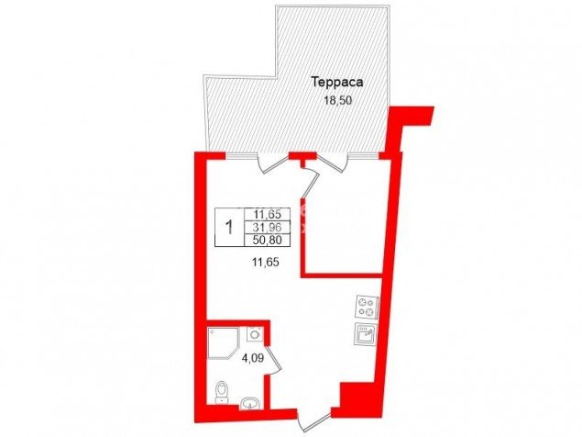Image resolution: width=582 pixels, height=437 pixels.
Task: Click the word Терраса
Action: [x=337, y=83]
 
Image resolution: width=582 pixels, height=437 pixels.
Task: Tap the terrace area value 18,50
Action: [x=337, y=100]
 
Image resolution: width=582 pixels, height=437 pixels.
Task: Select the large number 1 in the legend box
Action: [x=230, y=227]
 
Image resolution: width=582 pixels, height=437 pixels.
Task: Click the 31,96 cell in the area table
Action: [x=268, y=227]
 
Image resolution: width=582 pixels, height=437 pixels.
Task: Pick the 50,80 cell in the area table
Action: [x=268, y=240]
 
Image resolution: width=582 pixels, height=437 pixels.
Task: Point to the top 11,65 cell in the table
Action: [x=268, y=214]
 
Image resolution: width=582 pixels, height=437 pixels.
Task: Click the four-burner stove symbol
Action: [x=367, y=307]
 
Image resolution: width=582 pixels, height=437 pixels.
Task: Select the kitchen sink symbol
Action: [x=366, y=335]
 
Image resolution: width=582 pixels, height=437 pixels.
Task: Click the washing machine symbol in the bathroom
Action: [x=255, y=333]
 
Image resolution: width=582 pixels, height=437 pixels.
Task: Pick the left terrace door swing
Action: [x=273, y=164]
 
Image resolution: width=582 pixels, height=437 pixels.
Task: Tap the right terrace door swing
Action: [x=332, y=162]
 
